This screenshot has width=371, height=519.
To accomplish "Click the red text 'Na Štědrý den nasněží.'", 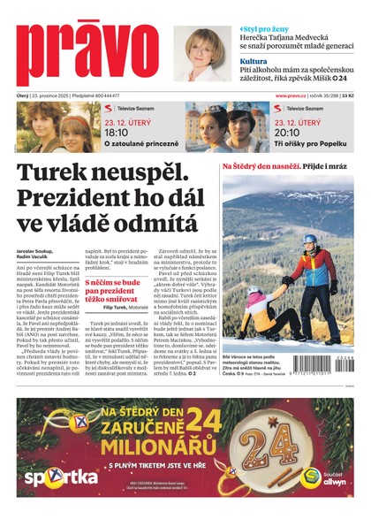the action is [261, 165].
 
